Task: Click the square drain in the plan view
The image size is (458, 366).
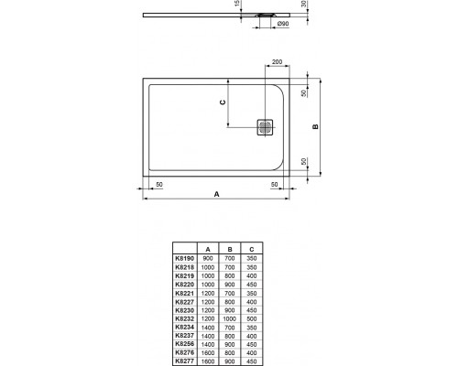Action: click(x=266, y=128)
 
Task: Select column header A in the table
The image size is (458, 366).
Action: click(x=208, y=249)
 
